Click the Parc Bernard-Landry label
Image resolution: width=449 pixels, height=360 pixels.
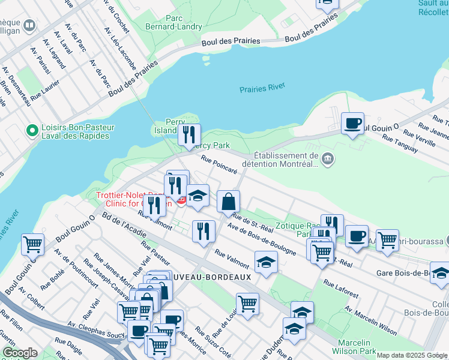[x=167, y=22]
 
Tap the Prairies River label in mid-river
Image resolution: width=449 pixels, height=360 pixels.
[x=262, y=88]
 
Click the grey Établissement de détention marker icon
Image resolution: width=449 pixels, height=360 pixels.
[x=328, y=159]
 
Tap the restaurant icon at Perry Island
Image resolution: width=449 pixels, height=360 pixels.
[x=190, y=135]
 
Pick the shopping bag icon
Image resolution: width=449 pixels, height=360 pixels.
[x=229, y=201]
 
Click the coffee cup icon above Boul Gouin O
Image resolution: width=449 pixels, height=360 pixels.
[x=352, y=124]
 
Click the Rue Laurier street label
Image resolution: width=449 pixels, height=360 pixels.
[x=44, y=90]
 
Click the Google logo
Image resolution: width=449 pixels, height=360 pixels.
[x=20, y=353]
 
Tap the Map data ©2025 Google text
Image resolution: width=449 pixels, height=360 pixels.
[x=412, y=355]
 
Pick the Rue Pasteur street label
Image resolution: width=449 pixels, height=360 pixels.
[x=155, y=253]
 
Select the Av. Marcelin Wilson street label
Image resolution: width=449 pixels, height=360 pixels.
[x=370, y=321]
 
